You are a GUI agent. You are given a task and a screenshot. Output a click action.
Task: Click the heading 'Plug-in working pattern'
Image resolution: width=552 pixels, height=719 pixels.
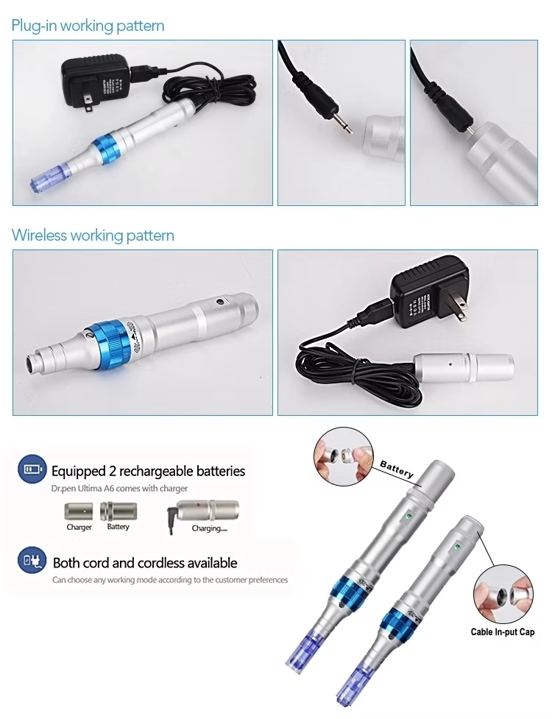pyautogui.click(x=88, y=26)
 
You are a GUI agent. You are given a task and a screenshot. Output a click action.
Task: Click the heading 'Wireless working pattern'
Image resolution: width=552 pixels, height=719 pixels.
pyautogui.click(x=93, y=235)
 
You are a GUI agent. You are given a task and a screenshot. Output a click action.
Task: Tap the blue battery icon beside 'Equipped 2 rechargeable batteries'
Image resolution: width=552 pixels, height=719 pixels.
pyautogui.click(x=32, y=470)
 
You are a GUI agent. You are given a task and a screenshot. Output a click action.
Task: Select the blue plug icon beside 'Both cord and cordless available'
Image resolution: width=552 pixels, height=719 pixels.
pyautogui.click(x=32, y=562)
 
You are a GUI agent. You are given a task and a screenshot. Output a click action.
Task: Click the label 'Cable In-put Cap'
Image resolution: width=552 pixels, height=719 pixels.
pyautogui.click(x=503, y=631)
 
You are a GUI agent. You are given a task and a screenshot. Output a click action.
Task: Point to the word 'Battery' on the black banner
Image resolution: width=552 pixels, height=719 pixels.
pyautogui.click(x=397, y=469)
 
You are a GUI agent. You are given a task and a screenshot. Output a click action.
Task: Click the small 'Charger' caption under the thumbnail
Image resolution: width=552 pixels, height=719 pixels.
pyautogui.click(x=79, y=528)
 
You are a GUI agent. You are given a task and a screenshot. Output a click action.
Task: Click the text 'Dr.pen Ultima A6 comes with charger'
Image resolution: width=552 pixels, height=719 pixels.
pyautogui.click(x=118, y=488)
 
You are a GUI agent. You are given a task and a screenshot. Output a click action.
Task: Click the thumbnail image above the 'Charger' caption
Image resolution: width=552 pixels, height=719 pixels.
pyautogui.click(x=79, y=510)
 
